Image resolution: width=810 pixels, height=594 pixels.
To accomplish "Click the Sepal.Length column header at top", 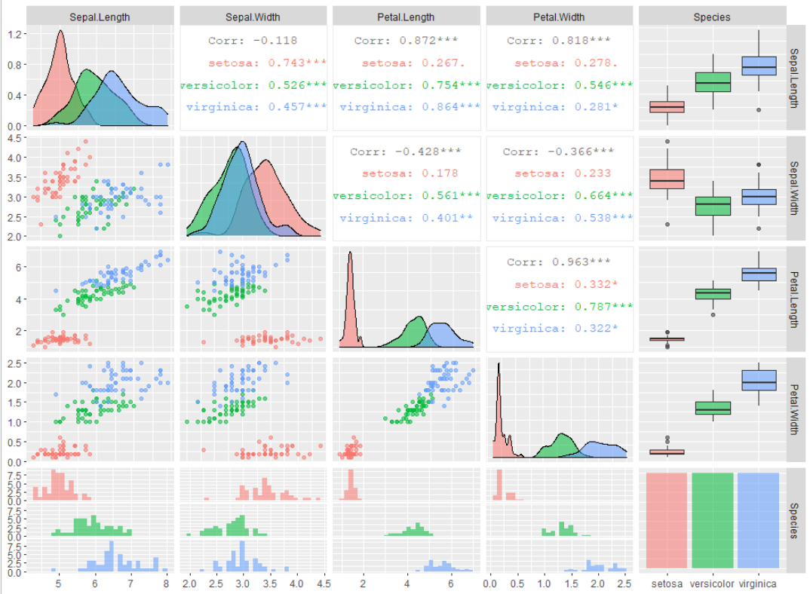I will (100, 17).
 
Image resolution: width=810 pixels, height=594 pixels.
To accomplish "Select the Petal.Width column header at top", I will (559, 17).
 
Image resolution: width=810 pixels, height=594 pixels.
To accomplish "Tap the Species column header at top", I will (712, 17).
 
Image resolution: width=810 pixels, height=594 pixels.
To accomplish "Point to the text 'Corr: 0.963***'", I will (559, 262).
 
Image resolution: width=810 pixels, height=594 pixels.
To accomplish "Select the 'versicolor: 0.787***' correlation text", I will (559, 307).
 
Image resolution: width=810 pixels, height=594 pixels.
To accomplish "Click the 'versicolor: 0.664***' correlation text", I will (559, 196).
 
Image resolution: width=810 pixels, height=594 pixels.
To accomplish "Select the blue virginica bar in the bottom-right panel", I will (758, 520).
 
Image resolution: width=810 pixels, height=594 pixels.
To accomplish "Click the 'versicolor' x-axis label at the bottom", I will (712, 583).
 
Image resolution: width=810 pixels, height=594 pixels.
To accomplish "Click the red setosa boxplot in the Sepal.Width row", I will (666, 179).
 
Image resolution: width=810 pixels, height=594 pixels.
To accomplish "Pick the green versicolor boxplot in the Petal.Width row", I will (712, 407).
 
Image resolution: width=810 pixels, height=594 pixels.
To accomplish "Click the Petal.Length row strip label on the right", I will (796, 299).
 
